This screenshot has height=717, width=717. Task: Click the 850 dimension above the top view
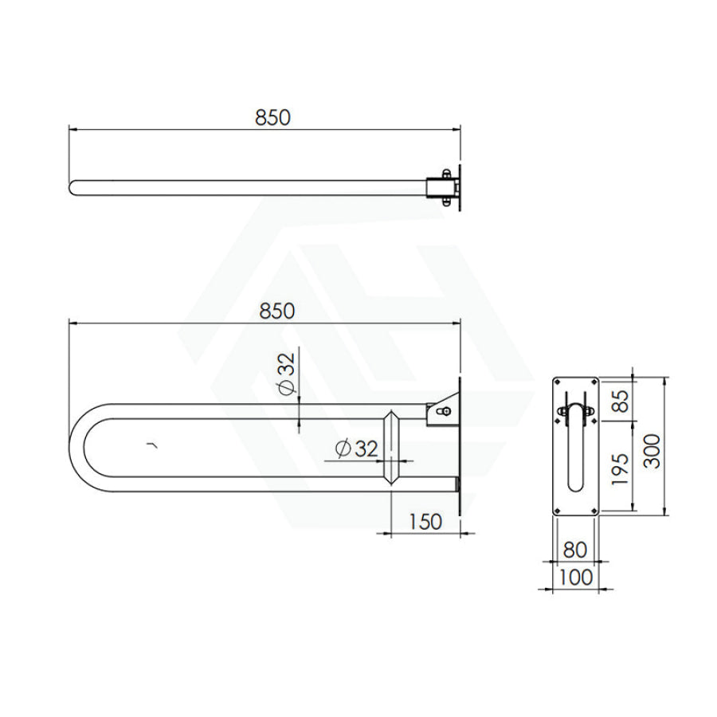click(272, 117)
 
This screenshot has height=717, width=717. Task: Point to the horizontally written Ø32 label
click(356, 449)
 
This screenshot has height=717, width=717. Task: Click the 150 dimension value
click(425, 522)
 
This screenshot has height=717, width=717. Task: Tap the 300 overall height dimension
click(651, 451)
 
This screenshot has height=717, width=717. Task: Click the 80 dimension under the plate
click(574, 550)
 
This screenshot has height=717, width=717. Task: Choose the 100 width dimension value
click(574, 577)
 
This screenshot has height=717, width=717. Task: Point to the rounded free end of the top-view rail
click(74, 188)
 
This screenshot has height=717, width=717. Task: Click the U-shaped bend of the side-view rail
click(80, 447)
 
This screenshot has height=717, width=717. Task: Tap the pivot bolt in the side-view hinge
click(445, 411)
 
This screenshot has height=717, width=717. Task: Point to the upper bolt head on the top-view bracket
click(446, 173)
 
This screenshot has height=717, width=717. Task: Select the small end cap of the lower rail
click(456, 484)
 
